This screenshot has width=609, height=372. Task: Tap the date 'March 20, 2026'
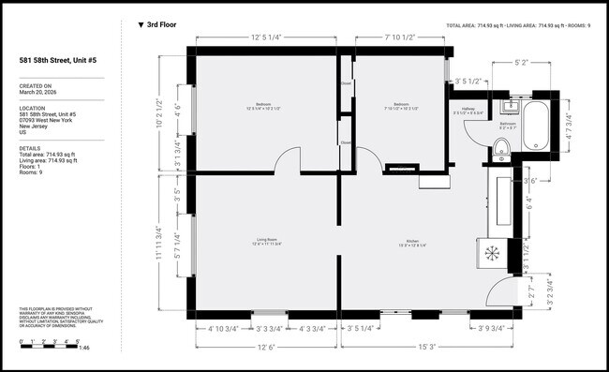(x=38, y=93)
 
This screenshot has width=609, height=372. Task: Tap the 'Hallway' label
(x=468, y=108)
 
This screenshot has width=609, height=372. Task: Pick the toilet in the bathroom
(x=501, y=145)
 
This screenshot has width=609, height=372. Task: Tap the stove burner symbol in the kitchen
(x=491, y=251)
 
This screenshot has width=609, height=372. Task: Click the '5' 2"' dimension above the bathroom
(x=526, y=63)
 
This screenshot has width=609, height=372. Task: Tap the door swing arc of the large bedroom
(x=286, y=159)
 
